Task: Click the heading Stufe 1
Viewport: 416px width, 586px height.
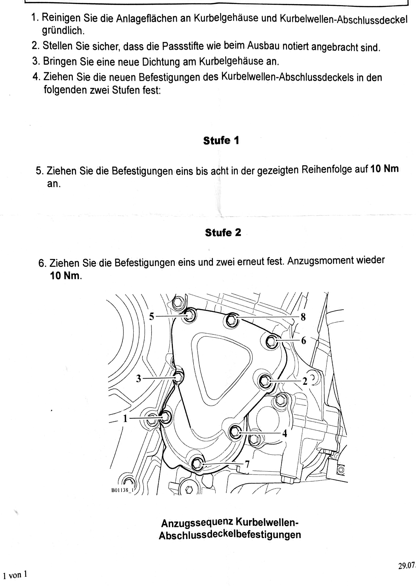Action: click(221, 141)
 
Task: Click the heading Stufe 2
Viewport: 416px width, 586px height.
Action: click(223, 233)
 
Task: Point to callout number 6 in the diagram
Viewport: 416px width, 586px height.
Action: click(303, 341)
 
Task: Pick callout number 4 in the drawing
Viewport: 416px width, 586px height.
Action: click(285, 433)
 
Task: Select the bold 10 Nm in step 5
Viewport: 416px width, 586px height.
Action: click(385, 169)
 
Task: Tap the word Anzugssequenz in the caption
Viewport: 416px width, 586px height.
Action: click(197, 523)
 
